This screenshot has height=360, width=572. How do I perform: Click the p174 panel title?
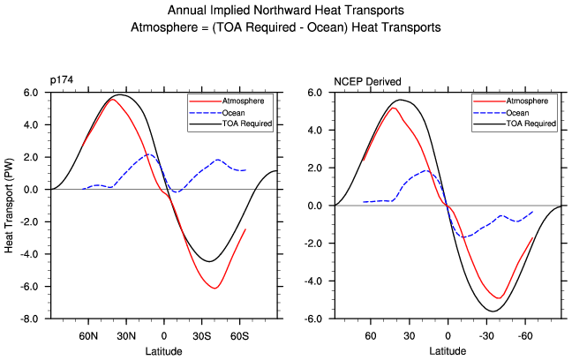[61, 82]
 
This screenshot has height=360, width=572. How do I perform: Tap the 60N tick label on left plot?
[88, 336]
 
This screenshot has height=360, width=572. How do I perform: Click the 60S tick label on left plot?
[240, 336]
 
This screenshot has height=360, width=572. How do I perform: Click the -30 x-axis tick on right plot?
[486, 336]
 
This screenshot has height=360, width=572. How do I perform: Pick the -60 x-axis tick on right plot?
[524, 336]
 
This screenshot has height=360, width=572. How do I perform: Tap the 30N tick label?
[126, 336]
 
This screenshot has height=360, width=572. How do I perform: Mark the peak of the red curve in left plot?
[113, 99]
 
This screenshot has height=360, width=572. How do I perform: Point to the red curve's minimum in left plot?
[214, 289]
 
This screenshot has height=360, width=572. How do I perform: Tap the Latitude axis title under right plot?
[448, 350]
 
